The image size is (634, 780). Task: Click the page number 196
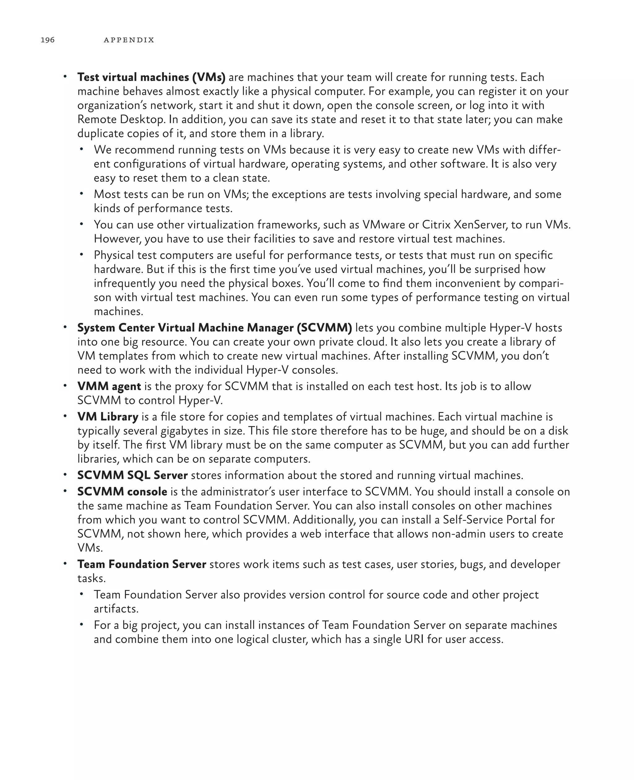click(47, 40)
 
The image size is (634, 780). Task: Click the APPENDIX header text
click(129, 40)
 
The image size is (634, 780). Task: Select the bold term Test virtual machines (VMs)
click(151, 77)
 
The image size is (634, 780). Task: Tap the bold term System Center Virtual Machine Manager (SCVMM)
click(214, 327)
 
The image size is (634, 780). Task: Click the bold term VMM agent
click(109, 386)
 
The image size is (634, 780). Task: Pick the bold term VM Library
click(108, 417)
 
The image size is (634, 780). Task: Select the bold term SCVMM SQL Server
click(132, 475)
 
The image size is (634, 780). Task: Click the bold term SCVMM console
click(122, 492)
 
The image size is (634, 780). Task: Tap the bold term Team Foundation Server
click(142, 564)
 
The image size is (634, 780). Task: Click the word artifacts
click(116, 609)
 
